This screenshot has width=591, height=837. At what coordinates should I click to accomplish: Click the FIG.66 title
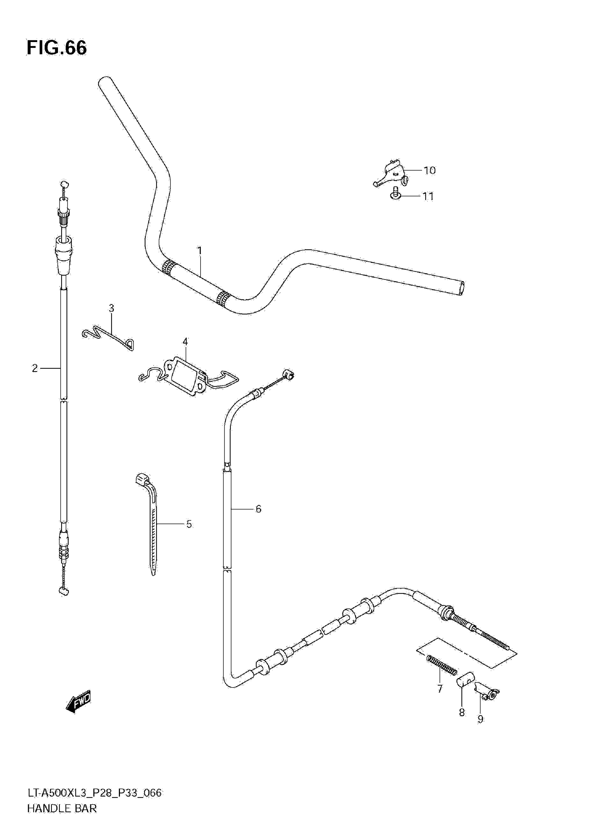click(x=57, y=48)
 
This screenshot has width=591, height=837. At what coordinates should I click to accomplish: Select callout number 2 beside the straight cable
click(x=35, y=368)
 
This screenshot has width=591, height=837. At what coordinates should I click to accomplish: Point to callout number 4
click(x=185, y=342)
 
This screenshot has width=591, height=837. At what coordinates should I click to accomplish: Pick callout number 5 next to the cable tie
click(x=189, y=524)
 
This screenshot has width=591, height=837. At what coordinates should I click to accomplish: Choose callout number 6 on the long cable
click(x=258, y=509)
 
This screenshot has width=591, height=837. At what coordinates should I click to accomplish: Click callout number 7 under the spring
click(x=440, y=689)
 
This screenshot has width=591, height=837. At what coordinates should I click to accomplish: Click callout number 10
click(x=429, y=170)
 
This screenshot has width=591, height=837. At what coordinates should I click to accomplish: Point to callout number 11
click(x=428, y=196)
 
